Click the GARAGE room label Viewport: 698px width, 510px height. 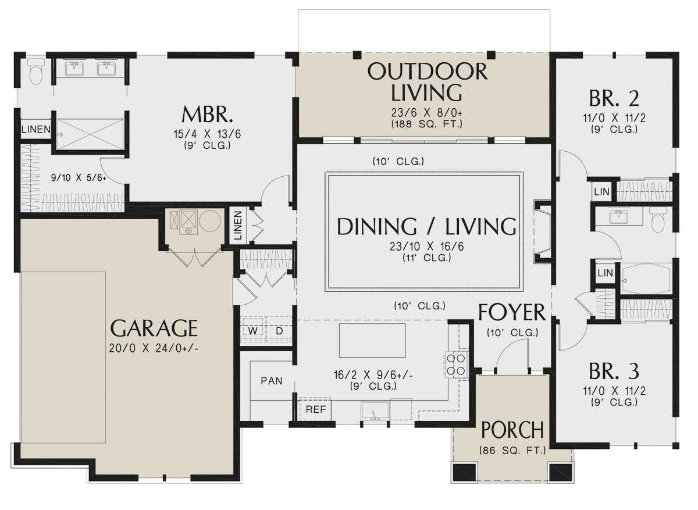(x=154, y=328)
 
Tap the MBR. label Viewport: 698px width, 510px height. (x=207, y=115)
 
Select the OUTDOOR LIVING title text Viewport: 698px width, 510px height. (x=427, y=82)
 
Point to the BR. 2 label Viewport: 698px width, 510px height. (x=614, y=98)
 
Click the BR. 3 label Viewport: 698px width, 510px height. (x=614, y=371)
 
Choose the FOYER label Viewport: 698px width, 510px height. (x=512, y=312)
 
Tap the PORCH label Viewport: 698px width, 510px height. (x=512, y=430)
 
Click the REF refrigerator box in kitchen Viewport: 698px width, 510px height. (x=315, y=409)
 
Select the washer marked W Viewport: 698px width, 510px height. (x=252, y=330)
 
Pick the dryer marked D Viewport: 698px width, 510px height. (x=279, y=330)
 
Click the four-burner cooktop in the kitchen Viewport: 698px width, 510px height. (x=456, y=365)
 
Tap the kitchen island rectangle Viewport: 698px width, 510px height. (x=372, y=340)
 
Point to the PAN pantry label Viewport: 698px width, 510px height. (x=272, y=381)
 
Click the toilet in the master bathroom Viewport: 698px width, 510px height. (x=36, y=72)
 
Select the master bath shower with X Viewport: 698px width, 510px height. (x=90, y=134)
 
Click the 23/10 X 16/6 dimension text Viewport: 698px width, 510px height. (x=426, y=247)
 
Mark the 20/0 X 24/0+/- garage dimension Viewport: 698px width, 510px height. (x=154, y=348)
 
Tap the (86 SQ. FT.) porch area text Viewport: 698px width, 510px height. (x=512, y=450)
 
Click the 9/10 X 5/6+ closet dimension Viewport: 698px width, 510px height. (x=79, y=177)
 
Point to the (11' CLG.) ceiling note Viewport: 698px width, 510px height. (x=426, y=258)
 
